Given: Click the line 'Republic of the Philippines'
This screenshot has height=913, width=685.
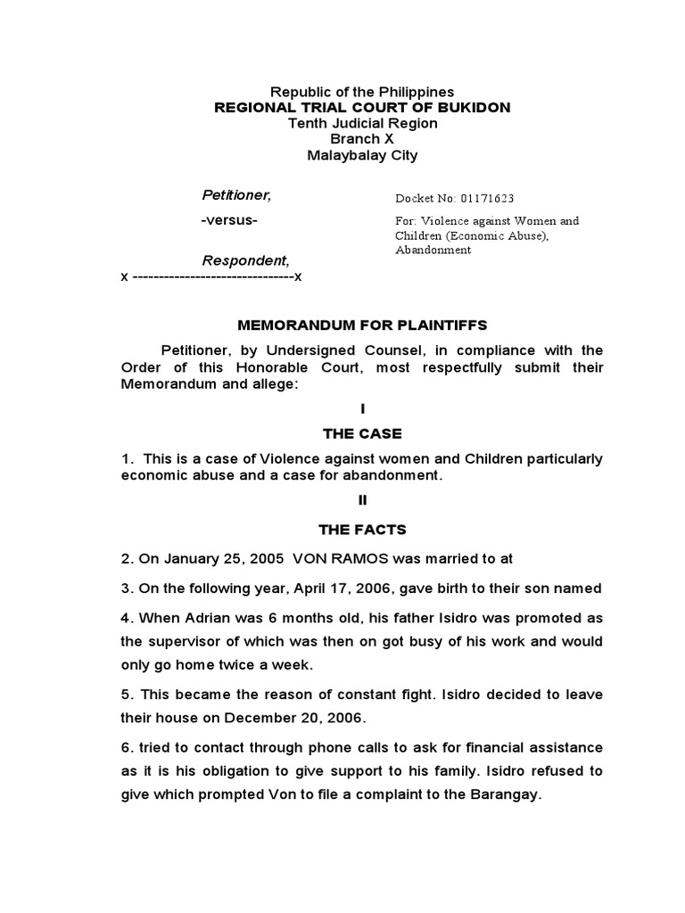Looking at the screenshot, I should [362, 92].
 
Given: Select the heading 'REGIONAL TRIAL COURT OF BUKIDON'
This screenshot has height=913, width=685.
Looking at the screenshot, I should [362, 107].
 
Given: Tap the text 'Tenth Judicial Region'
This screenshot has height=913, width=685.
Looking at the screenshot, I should [362, 123].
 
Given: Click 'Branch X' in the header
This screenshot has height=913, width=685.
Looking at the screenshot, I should [362, 139].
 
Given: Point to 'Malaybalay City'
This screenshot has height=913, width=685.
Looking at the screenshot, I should [362, 155].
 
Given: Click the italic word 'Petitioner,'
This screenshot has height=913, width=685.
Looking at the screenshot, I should [235, 195].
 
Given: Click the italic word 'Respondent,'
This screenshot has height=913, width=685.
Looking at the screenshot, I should [245, 260].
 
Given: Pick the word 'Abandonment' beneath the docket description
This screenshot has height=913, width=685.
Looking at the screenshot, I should [433, 251].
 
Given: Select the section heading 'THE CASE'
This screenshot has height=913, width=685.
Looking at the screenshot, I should [362, 433].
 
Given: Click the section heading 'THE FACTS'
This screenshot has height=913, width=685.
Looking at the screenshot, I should [362, 530].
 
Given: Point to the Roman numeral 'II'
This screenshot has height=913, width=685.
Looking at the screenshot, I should [362, 500].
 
